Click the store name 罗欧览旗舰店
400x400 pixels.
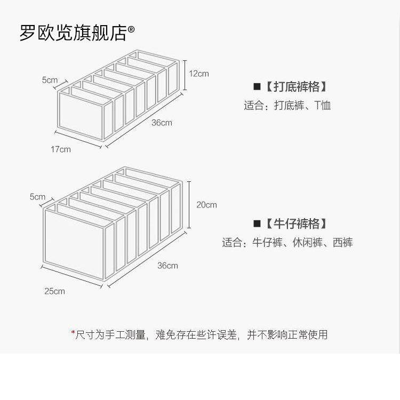73,33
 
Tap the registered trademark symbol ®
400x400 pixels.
131,31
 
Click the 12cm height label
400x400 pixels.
199,74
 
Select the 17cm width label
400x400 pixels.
61,149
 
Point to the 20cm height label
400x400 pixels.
207,204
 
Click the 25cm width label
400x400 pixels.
54,291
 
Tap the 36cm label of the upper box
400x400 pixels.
162,123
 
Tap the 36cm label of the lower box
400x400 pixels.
167,266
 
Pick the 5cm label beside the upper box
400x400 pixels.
50,81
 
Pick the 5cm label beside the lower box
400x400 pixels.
38,197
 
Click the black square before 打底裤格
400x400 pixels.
257,86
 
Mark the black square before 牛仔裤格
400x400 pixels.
257,223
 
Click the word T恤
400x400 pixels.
322,105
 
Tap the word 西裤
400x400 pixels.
342,243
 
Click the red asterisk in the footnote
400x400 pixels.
73,333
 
